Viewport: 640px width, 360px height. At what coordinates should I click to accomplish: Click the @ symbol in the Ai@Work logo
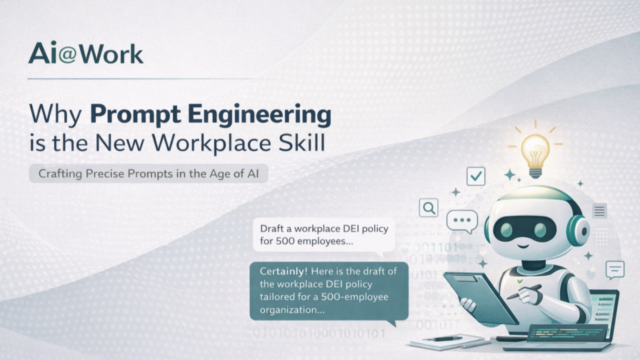point(69,55)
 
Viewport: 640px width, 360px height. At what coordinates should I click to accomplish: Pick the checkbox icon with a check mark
point(476,177)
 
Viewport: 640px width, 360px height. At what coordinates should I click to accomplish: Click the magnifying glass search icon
point(429,207)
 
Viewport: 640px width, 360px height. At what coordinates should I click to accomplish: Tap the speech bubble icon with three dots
point(462,221)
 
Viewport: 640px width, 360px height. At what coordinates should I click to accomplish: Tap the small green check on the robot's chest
point(519,282)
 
